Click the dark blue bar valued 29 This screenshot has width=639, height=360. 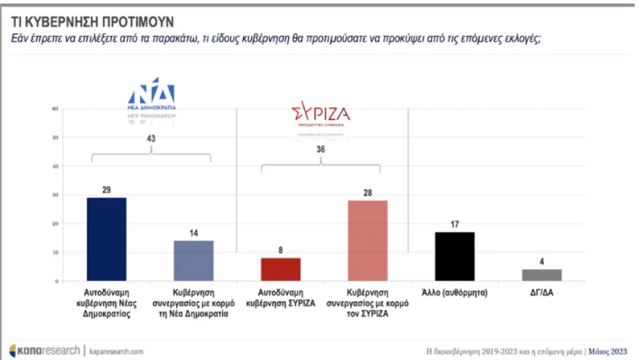[106, 239]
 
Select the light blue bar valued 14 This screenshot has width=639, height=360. [193, 261]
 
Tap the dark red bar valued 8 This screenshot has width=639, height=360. [280, 269]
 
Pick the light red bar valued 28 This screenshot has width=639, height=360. [367, 240]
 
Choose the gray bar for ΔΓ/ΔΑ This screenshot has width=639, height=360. [541, 275]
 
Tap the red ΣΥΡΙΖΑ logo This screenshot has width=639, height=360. [320, 114]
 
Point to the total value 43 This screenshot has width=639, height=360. [151, 138]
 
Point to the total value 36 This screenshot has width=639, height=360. [320, 150]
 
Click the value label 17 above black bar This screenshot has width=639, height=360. [455, 225]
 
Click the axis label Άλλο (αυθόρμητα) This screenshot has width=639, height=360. [455, 292]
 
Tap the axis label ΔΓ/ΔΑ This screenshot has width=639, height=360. [541, 292]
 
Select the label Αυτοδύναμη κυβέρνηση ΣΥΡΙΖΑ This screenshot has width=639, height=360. [280, 298]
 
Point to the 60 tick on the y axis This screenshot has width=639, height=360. [54, 110]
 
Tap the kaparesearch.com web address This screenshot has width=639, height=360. [116, 351]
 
